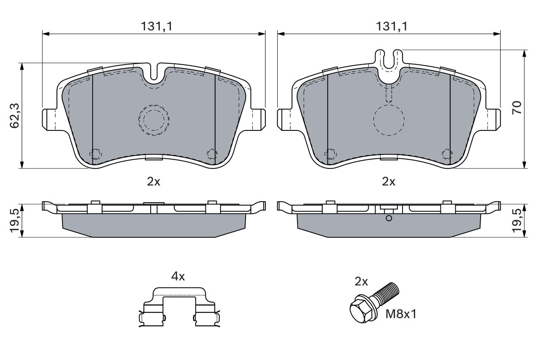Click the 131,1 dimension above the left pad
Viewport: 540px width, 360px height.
coord(157,26)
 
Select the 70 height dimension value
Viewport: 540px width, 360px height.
coord(517,107)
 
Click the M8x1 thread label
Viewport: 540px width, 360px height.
coord(402,314)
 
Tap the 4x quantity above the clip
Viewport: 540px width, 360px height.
coord(178,276)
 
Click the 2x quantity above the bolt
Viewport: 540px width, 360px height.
coord(362,282)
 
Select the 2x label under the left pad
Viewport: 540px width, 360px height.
coord(154,181)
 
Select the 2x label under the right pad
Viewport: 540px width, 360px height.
coord(388,181)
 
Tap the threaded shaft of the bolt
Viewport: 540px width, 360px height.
coord(387,293)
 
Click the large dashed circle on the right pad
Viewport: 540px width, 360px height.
coord(389,120)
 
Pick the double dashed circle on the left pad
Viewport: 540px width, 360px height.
coord(154,120)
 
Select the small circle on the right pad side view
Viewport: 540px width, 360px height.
coord(389,218)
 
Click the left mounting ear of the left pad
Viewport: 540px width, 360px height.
coord(49,119)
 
